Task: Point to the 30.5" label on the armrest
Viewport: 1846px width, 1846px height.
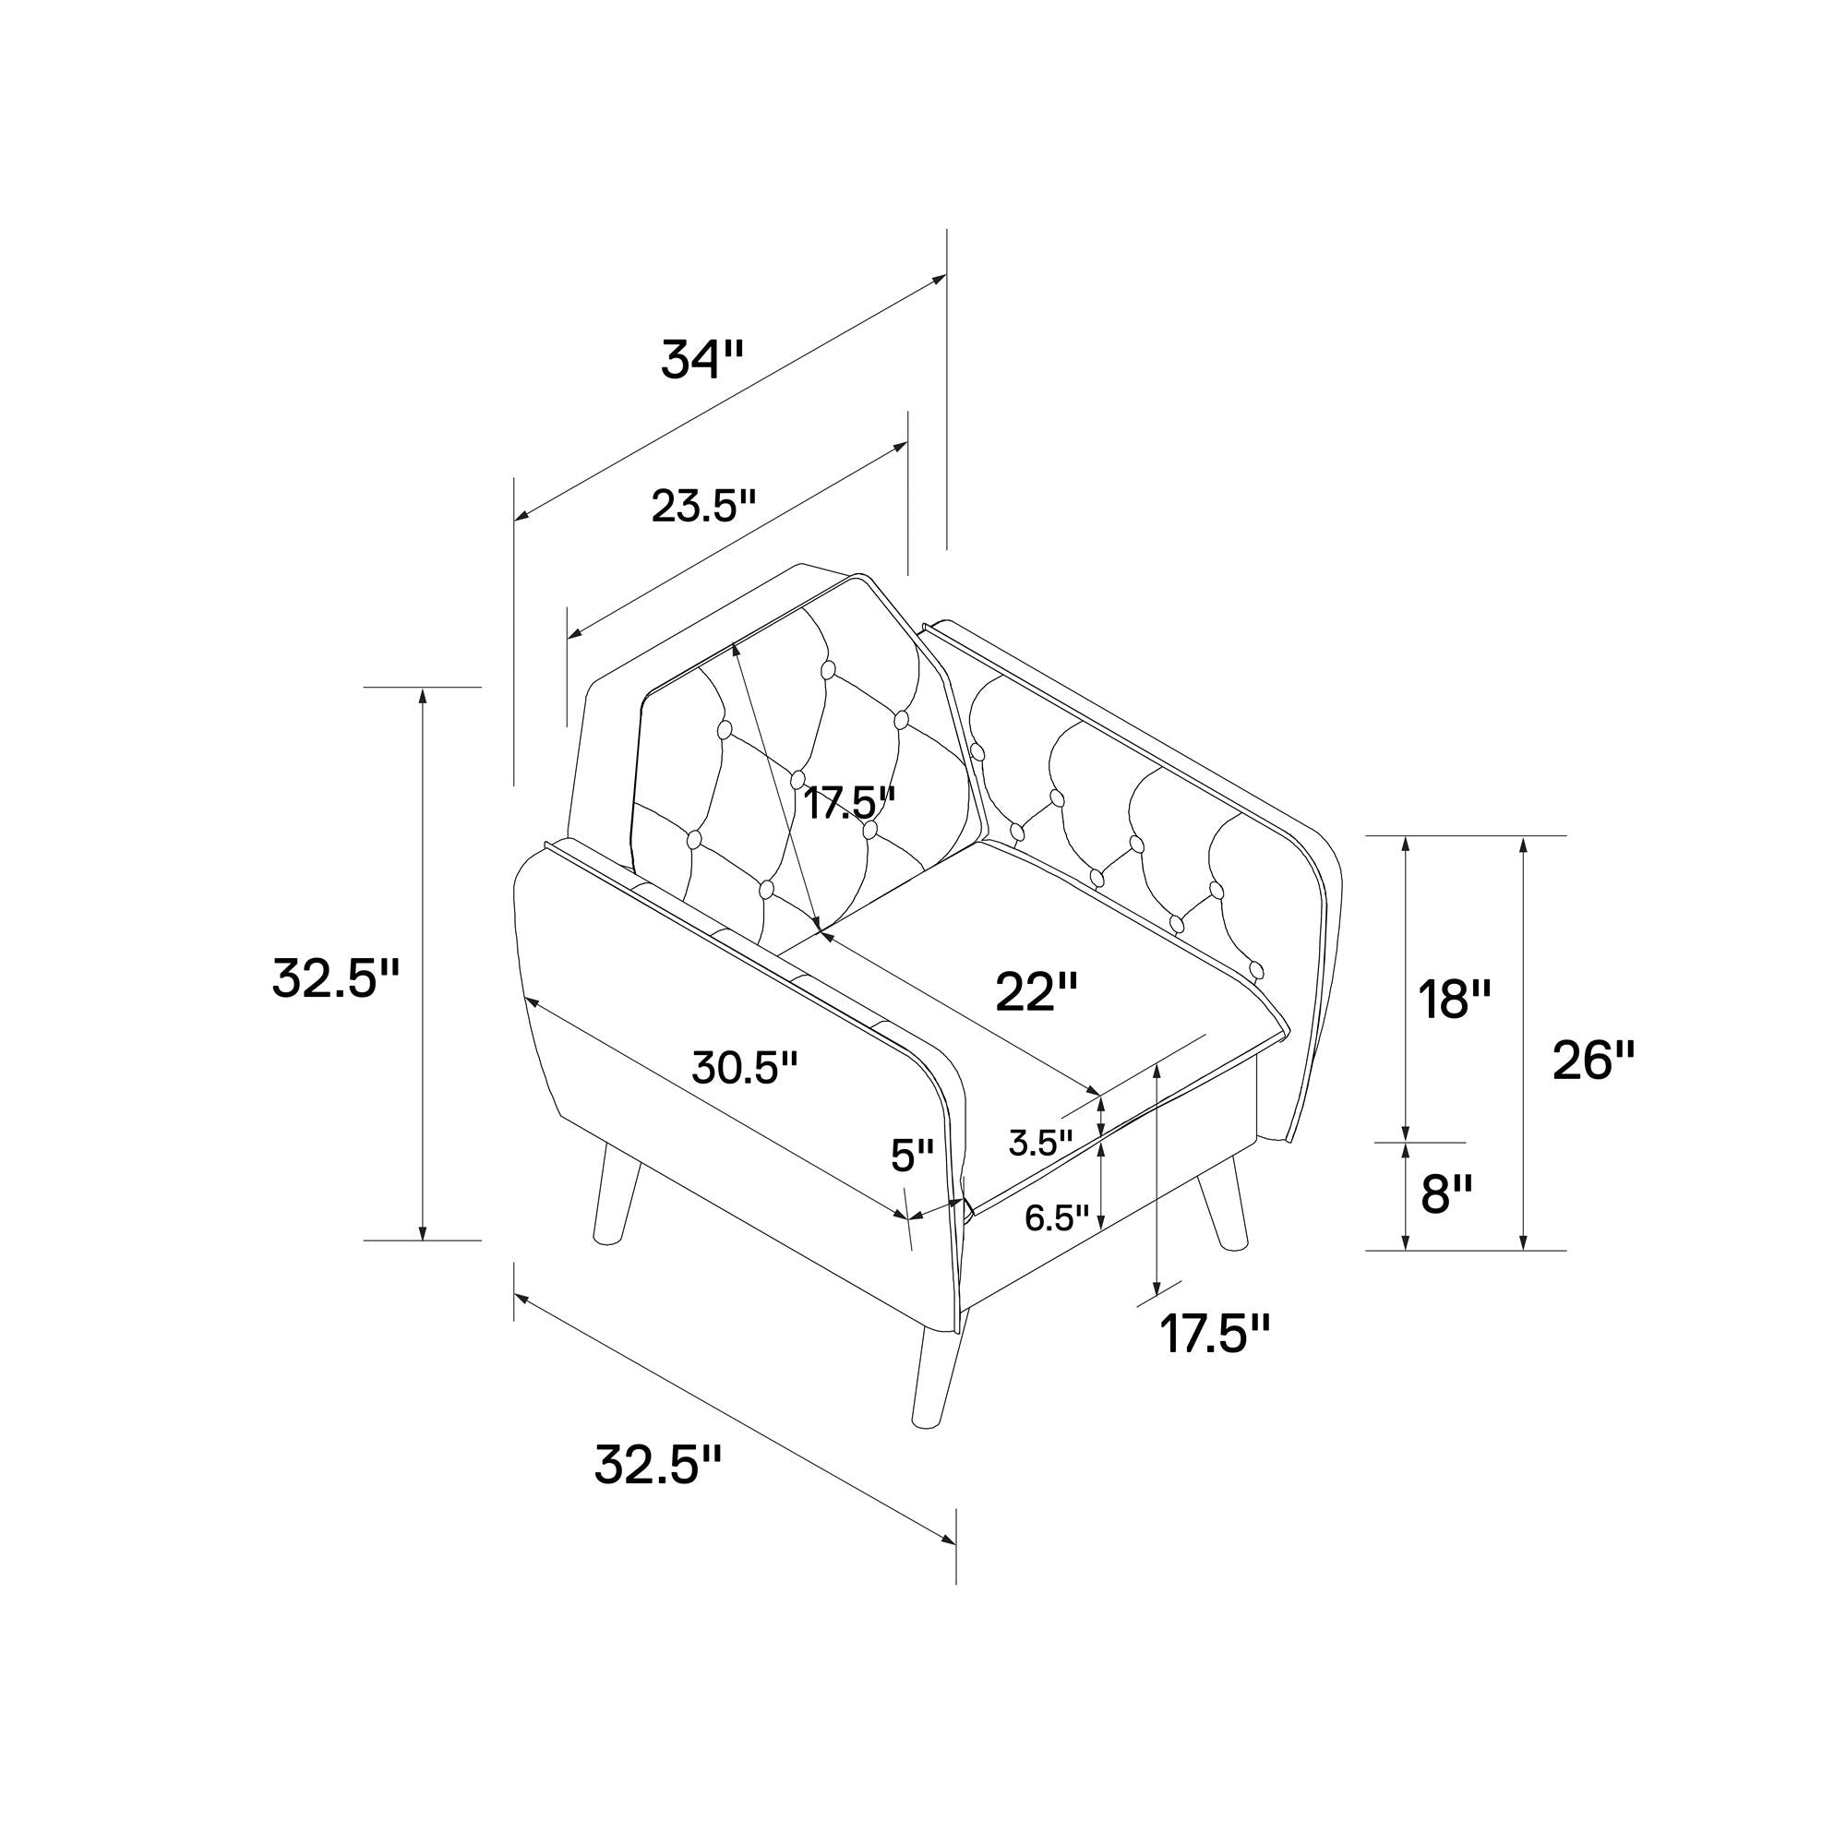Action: click(744, 1068)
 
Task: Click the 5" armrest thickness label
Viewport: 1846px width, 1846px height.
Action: click(912, 1157)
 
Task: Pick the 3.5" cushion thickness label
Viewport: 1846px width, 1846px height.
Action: click(1040, 1143)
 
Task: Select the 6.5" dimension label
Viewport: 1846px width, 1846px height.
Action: click(1057, 1218)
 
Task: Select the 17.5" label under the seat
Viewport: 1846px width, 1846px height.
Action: click(1216, 1333)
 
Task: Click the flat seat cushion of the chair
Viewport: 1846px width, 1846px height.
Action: click(1037, 975)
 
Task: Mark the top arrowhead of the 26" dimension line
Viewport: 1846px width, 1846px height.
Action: click(1523, 845)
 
